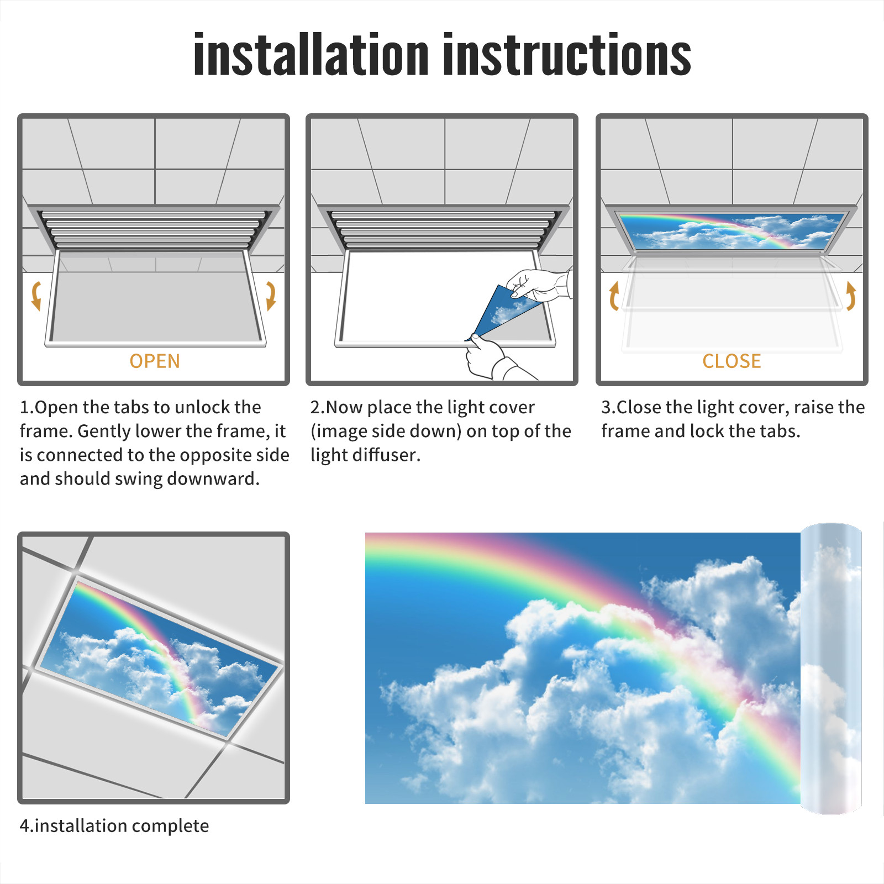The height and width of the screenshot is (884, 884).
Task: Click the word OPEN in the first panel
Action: click(x=155, y=361)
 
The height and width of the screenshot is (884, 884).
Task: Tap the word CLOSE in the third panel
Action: click(x=732, y=361)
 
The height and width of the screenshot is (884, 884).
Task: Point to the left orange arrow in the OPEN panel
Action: click(x=36, y=295)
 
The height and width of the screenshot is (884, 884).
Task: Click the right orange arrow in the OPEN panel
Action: click(x=271, y=295)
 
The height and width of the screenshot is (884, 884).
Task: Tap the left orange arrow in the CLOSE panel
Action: click(x=614, y=295)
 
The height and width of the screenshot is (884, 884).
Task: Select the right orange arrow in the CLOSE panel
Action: click(x=851, y=295)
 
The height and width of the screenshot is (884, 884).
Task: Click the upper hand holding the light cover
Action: click(x=539, y=285)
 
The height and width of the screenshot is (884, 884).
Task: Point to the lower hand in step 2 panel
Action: click(x=494, y=359)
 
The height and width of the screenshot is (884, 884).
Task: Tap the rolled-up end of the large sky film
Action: click(x=831, y=669)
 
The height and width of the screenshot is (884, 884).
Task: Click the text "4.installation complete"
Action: click(x=114, y=825)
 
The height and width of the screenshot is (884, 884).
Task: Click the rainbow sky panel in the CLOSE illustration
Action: click(x=732, y=230)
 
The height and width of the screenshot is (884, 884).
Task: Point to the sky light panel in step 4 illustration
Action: click(x=159, y=657)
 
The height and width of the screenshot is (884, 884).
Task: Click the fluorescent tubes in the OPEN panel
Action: click(x=154, y=229)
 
